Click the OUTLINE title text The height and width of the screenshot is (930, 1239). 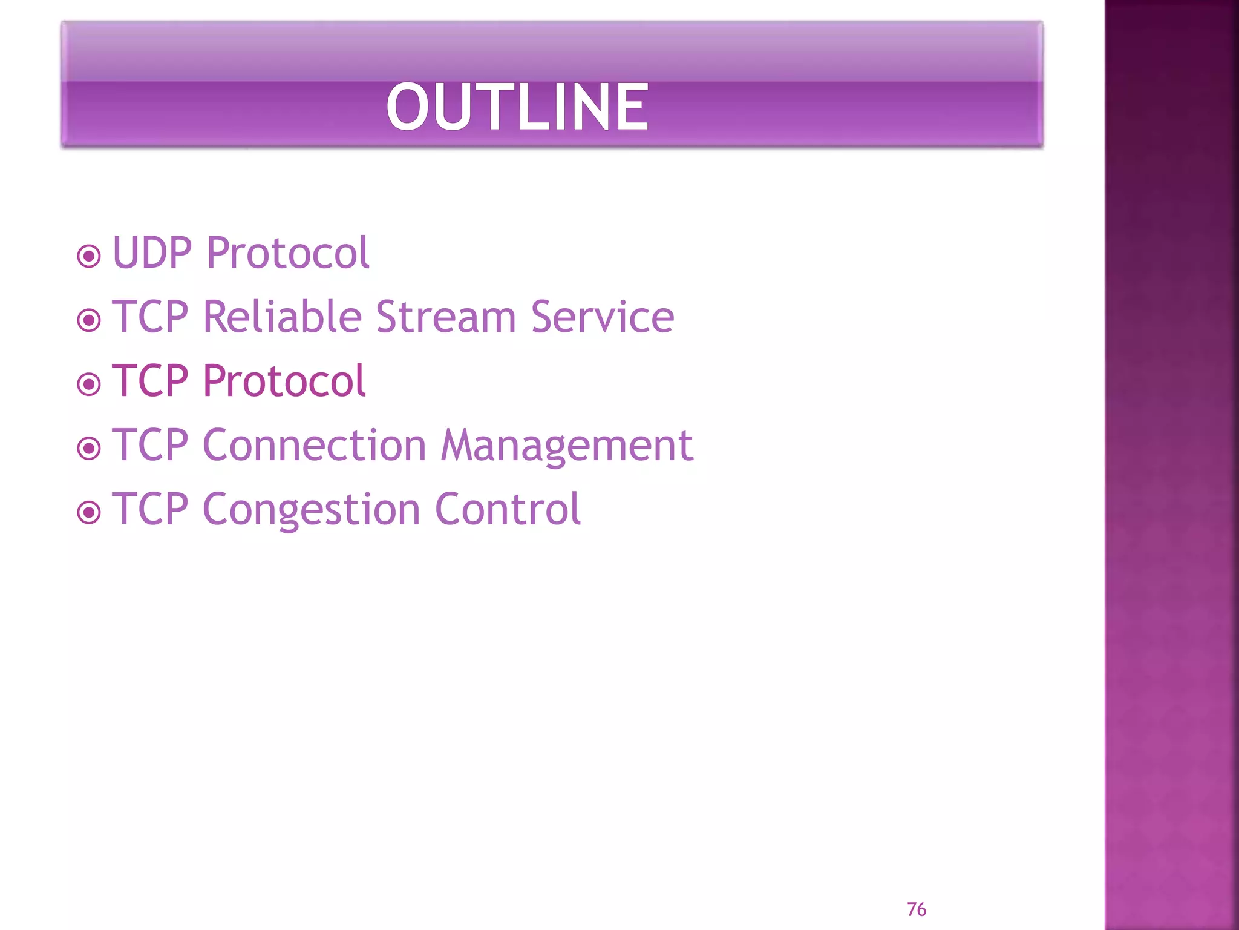tap(517, 107)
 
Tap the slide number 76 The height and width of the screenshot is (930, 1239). tap(916, 909)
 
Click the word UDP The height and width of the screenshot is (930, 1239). tap(152, 252)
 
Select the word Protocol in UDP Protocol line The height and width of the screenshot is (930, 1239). tap(287, 252)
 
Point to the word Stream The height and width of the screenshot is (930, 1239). tap(446, 317)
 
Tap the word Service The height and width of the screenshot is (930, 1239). tap(602, 317)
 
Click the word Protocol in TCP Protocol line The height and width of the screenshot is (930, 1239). tap(284, 381)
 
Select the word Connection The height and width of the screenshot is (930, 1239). tap(314, 445)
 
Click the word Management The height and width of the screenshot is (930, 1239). tap(566, 446)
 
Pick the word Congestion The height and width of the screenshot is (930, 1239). tap(311, 510)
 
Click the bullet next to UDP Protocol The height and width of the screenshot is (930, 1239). tap(89, 256)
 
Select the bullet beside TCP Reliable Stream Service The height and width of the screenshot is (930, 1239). tap(89, 320)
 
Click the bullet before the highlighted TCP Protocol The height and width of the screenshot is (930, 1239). tap(89, 384)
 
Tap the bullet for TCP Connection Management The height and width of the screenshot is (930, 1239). tap(89, 449)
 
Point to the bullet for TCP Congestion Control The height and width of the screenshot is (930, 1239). tap(89, 513)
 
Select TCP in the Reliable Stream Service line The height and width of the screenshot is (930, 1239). tap(150, 317)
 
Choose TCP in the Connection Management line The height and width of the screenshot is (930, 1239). tap(150, 445)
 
